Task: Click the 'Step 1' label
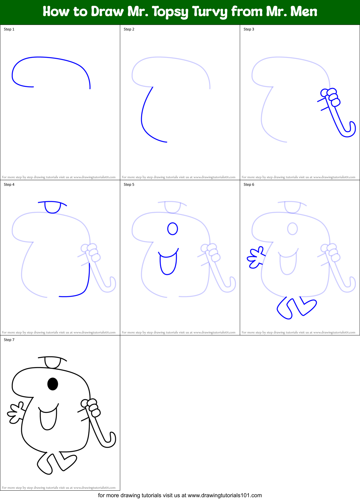tap(9, 29)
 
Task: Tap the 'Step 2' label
tap(129, 29)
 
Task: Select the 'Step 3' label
tap(249, 29)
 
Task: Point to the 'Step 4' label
tap(9, 185)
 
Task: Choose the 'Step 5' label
tap(129, 185)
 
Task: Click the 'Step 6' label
tap(249, 185)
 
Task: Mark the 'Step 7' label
tap(9, 340)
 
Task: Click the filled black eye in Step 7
tap(53, 384)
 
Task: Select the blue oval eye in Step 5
tap(173, 229)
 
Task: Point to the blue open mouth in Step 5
tap(168, 263)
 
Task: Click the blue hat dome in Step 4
tap(53, 207)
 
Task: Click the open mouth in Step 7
tap(48, 418)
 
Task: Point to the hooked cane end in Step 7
tap(110, 442)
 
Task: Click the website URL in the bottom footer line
tap(225, 495)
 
